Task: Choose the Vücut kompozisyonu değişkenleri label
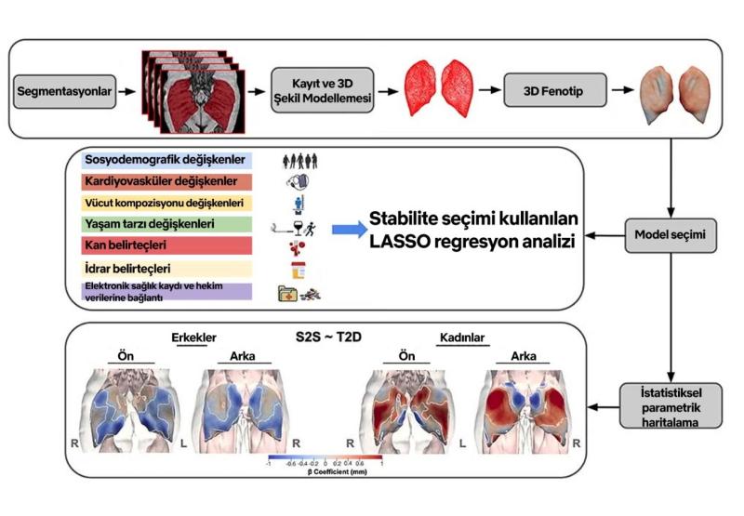(164, 203)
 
